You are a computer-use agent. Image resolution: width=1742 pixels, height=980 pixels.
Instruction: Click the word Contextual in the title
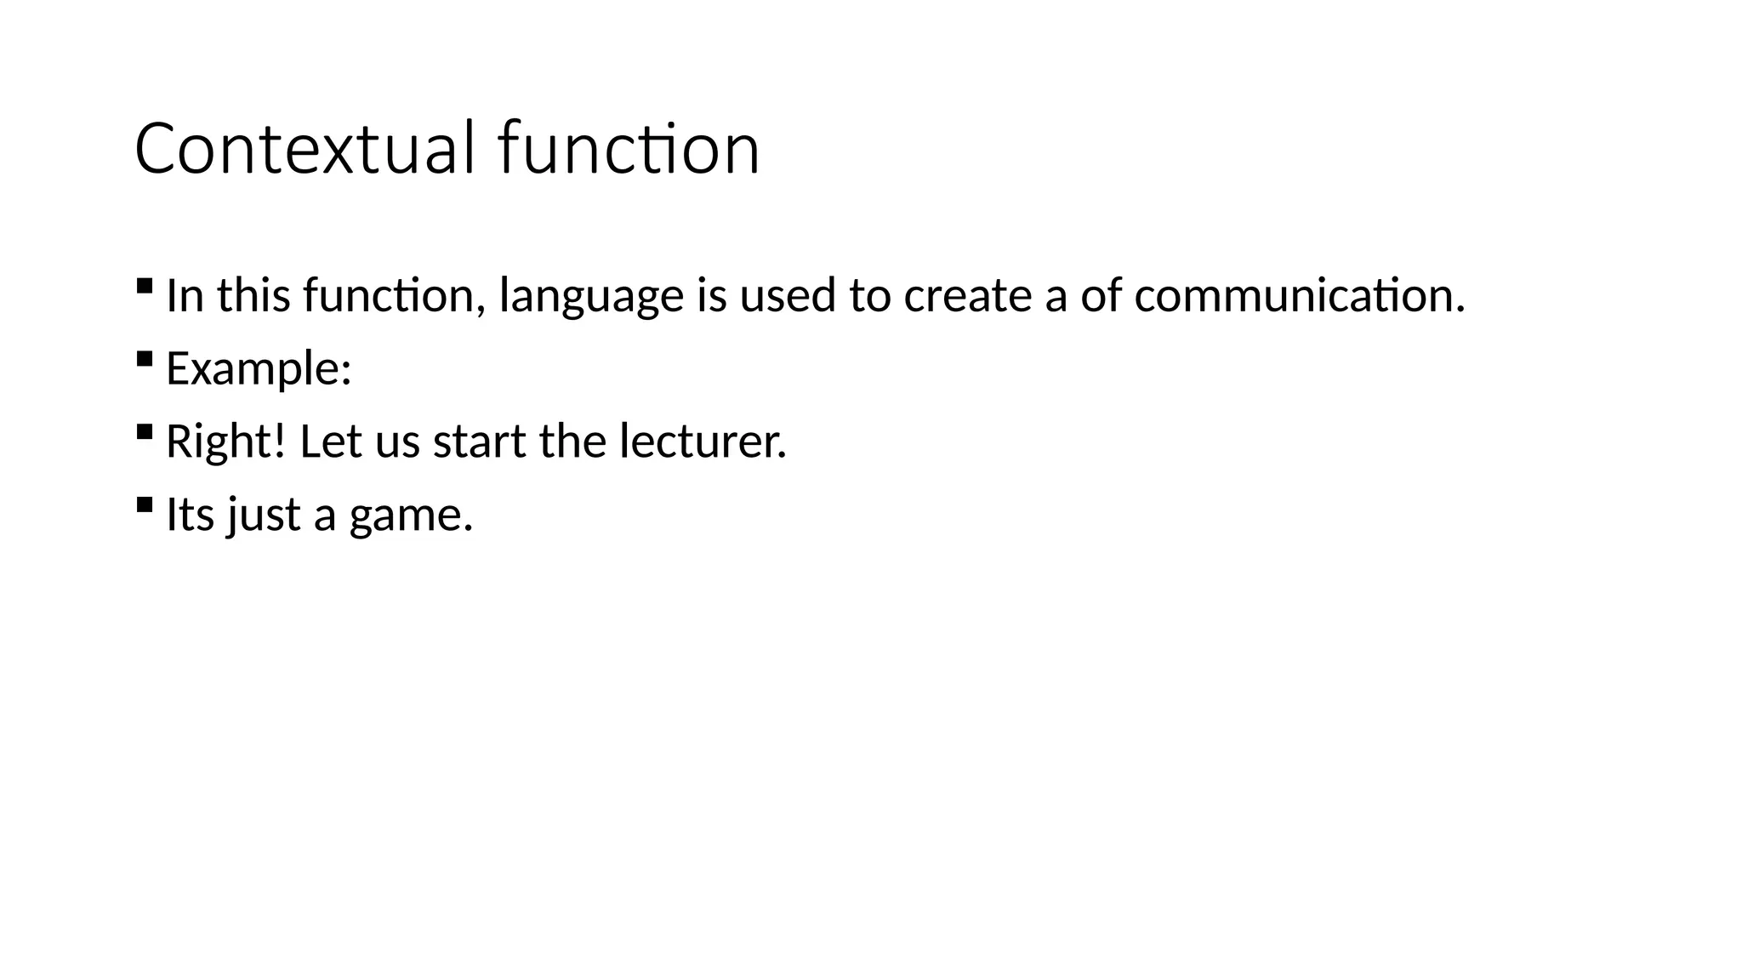tap(304, 149)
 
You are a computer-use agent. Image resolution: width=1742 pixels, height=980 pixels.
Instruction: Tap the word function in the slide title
tap(629, 149)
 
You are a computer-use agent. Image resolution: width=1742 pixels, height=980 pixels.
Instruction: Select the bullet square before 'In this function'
tap(144, 285)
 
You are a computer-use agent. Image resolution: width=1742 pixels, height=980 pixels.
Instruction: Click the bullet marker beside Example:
tap(144, 358)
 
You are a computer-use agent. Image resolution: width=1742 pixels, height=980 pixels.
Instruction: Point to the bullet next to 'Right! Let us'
tap(144, 431)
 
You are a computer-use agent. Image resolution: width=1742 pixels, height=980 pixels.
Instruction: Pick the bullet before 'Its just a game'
tap(144, 504)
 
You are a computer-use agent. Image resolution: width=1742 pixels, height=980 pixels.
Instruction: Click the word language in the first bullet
tap(591, 297)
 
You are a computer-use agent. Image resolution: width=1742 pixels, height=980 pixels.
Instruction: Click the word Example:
tap(259, 369)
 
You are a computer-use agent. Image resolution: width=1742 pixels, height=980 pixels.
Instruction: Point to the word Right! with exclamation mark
tap(225, 442)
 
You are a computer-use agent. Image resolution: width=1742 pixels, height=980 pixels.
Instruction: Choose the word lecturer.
tap(703, 442)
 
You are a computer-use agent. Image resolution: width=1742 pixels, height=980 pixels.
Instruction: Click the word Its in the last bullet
tap(190, 516)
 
